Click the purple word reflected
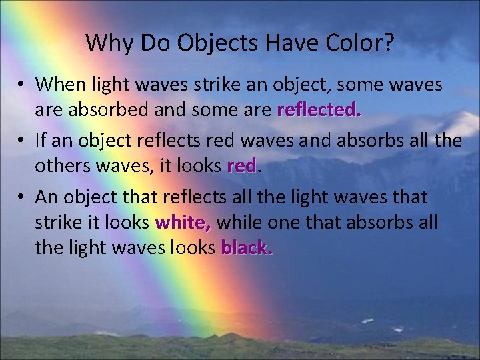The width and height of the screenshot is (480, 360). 319,111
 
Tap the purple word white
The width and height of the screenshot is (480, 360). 183,223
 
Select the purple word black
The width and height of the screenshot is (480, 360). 247,248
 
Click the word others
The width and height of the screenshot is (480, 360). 61,167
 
